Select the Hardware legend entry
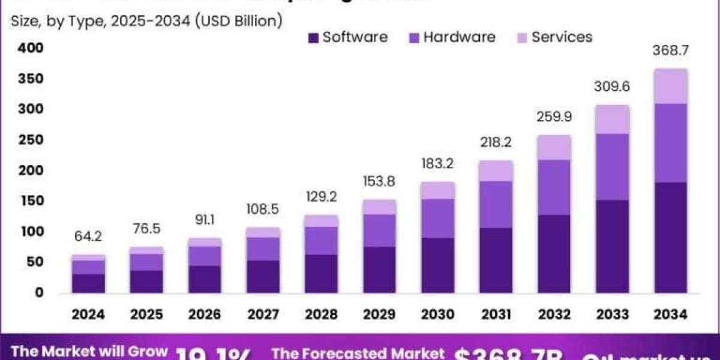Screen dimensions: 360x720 (451, 37)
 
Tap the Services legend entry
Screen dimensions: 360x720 (553, 37)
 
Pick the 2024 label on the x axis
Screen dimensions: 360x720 (89, 314)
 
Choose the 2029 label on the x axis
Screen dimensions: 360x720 (379, 314)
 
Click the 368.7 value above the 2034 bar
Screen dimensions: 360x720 (671, 51)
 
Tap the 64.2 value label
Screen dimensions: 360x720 (89, 237)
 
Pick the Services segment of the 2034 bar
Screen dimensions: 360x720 (671, 86)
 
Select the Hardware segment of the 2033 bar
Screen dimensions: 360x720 (613, 167)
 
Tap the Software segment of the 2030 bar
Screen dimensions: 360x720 (437, 265)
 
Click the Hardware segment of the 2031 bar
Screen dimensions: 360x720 (495, 205)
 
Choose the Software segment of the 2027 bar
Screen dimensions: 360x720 (263, 277)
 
